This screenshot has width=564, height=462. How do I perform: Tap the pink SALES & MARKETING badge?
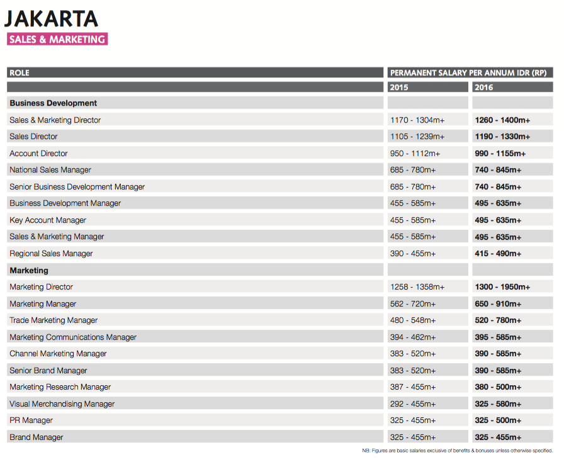(x=57, y=39)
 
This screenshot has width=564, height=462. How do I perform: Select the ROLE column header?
(x=20, y=73)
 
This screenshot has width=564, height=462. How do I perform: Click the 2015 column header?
(x=399, y=87)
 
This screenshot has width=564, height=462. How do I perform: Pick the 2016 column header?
(x=484, y=87)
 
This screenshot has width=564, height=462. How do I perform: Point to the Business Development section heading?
(x=54, y=103)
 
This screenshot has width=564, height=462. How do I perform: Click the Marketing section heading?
(x=29, y=271)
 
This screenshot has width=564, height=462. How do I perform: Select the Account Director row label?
(x=38, y=154)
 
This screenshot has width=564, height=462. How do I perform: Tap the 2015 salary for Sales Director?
(x=417, y=137)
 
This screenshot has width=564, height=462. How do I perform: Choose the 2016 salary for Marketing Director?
(x=502, y=287)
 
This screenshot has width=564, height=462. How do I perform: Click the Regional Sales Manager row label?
(x=51, y=254)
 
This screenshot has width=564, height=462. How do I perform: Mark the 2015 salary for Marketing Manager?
(x=413, y=304)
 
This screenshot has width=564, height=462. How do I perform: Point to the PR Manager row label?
(x=31, y=420)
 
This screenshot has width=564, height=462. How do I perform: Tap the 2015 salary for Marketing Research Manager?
(x=413, y=387)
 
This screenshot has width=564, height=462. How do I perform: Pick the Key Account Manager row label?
(x=48, y=220)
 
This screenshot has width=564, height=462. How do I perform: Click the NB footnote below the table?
(x=457, y=451)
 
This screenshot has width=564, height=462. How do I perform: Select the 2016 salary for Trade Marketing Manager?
(x=498, y=320)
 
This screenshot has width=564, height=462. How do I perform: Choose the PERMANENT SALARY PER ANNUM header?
(x=468, y=73)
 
